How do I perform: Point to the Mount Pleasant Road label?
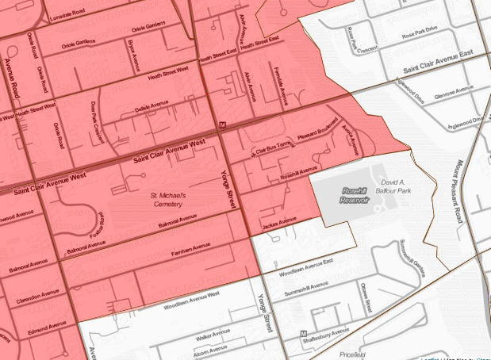(x=457, y=191)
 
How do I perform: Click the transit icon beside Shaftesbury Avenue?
(x=304, y=333)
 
